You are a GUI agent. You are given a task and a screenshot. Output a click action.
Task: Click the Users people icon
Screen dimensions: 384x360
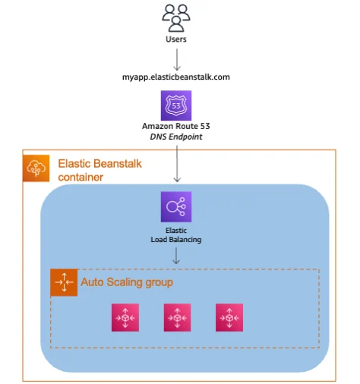click(x=176, y=15)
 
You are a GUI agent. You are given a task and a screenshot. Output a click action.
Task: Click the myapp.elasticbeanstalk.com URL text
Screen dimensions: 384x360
click(x=176, y=77)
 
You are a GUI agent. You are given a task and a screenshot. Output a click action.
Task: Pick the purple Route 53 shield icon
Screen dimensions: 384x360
click(x=176, y=105)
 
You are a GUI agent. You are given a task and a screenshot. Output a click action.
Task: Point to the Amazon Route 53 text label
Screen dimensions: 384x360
click(x=176, y=126)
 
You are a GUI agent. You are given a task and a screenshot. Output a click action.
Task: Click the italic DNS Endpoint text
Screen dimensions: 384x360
click(x=176, y=137)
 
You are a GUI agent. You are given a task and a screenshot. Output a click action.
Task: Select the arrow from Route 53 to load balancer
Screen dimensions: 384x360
click(x=176, y=162)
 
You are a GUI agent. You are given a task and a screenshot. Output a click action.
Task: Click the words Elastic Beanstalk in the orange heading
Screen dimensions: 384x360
click(x=99, y=162)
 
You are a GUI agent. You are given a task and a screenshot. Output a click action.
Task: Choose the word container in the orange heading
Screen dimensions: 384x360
click(x=81, y=177)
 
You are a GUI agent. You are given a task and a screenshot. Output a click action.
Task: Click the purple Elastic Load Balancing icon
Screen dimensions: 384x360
click(x=176, y=206)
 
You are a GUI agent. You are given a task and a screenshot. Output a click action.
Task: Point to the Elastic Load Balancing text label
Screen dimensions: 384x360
click(x=176, y=234)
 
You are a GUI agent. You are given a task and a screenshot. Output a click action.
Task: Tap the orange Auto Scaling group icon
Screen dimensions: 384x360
click(x=64, y=282)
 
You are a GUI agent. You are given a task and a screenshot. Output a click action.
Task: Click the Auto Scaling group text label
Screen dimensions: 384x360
click(x=127, y=282)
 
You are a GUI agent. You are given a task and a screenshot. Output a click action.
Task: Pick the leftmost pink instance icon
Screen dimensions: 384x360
click(x=125, y=318)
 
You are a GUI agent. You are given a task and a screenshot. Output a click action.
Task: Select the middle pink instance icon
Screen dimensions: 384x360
click(x=176, y=318)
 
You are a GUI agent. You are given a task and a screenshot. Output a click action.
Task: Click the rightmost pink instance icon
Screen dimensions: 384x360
click(x=229, y=318)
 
